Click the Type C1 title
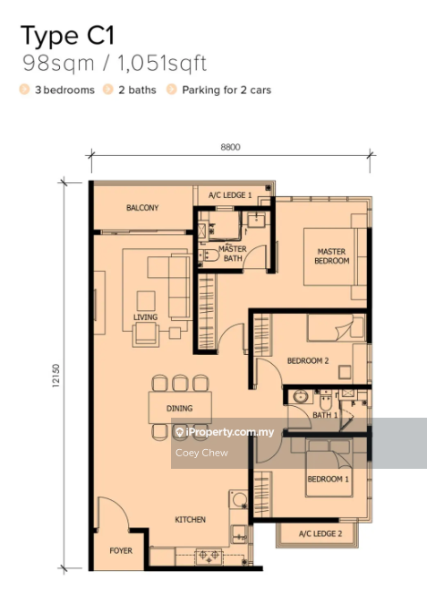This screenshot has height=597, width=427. point(67,36)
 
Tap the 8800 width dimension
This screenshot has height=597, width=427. point(230,147)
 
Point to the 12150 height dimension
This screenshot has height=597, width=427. point(56,376)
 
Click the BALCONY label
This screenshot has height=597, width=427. point(142,207)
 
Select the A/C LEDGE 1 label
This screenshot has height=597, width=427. point(230,195)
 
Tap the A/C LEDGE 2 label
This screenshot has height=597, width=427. point(320,533)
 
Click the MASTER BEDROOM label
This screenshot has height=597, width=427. point(331,256)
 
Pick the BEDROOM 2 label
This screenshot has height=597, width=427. point(308,360)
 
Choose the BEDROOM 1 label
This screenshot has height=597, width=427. point(328,479)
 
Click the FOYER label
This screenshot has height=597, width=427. point(121,550)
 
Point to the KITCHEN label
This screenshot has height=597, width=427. point(190,519)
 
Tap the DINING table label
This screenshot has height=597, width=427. point(179,408)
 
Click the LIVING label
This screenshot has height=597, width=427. point(145,316)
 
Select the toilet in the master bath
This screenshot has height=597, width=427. point(209,255)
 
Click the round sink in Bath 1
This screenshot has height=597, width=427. point(301,397)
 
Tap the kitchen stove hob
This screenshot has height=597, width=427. point(209,556)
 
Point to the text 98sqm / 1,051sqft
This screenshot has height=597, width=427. point(115,64)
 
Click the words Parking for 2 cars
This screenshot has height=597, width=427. point(226,90)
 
